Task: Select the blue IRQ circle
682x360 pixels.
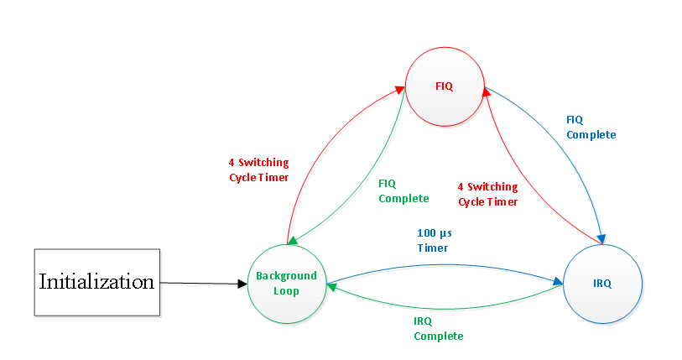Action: pyautogui.click(x=602, y=283)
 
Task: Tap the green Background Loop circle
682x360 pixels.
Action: pyautogui.click(x=286, y=283)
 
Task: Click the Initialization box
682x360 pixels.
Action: pyautogui.click(x=96, y=282)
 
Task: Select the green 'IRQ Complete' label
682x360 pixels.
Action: pyautogui.click(x=438, y=328)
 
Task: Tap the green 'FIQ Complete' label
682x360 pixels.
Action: pyautogui.click(x=403, y=190)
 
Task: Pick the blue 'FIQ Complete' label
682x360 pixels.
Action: pyautogui.click(x=591, y=127)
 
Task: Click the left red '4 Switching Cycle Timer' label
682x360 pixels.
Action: pyautogui.click(x=258, y=170)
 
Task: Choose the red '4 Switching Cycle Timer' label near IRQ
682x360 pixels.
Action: pyautogui.click(x=487, y=194)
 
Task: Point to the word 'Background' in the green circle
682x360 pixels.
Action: pyautogui.click(x=286, y=276)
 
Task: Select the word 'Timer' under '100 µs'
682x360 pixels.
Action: pyautogui.click(x=433, y=248)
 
